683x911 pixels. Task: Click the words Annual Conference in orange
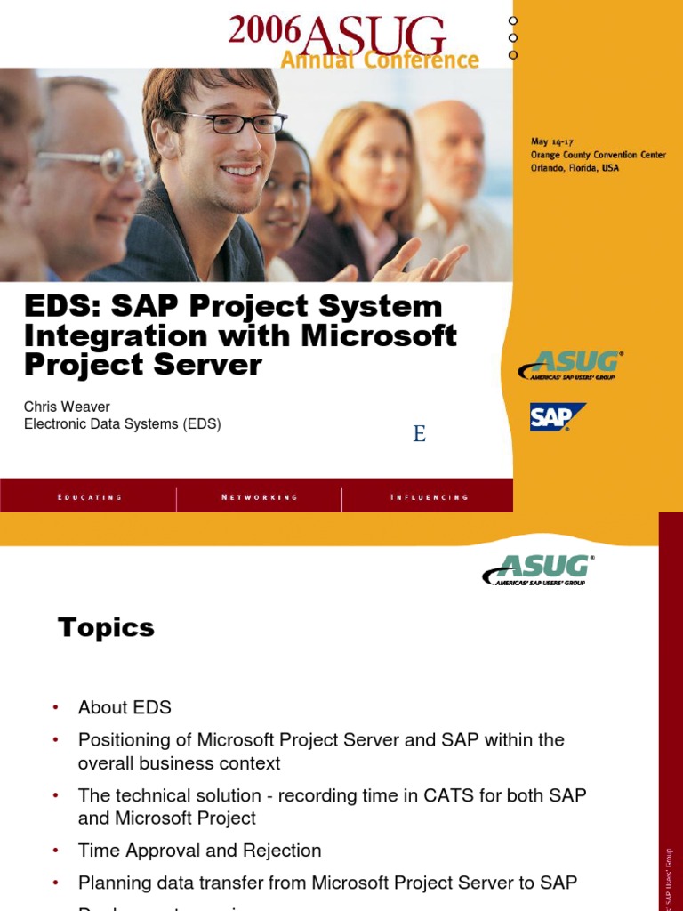pyautogui.click(x=380, y=60)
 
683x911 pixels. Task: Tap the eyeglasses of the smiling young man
pyautogui.click(x=229, y=123)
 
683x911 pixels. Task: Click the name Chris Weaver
pyautogui.click(x=67, y=407)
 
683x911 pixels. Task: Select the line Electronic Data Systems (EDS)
pyautogui.click(x=122, y=424)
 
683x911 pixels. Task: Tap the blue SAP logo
pyautogui.click(x=557, y=416)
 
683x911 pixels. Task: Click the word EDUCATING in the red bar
pyautogui.click(x=89, y=497)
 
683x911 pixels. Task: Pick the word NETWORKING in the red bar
pyautogui.click(x=260, y=497)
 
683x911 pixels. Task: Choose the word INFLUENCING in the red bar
pyautogui.click(x=429, y=497)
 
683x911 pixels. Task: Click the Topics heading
pyautogui.click(x=106, y=627)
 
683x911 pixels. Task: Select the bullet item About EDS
pyautogui.click(x=125, y=707)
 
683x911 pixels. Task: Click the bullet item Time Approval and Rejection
pyautogui.click(x=199, y=851)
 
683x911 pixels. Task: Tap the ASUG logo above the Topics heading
pyautogui.click(x=538, y=569)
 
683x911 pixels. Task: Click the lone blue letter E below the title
pyautogui.click(x=419, y=434)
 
